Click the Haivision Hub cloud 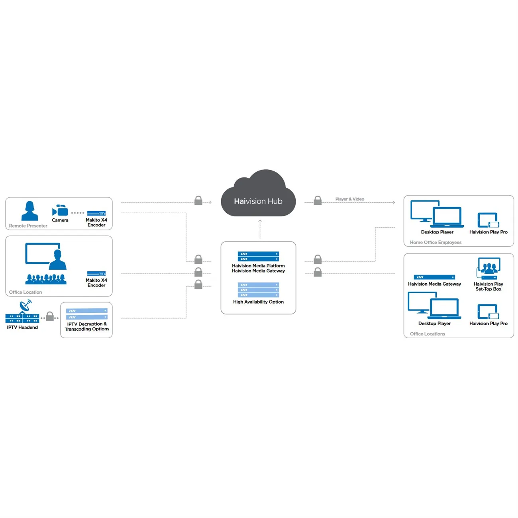pos(258,195)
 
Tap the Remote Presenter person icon pos(29,211)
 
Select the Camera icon pos(60,210)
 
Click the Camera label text pos(60,220)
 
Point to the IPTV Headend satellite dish pos(26,306)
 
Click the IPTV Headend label pos(22,328)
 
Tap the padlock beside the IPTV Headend pos(50,316)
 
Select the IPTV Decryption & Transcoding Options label pos(87,327)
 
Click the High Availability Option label pos(258,302)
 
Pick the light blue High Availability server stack pos(258,290)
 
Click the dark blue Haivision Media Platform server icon pos(258,256)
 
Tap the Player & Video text pos(349,199)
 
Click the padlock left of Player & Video pos(318,200)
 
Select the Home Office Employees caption pos(436,242)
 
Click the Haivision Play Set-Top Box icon pos(488,269)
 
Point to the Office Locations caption pos(427,334)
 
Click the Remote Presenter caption pos(28,226)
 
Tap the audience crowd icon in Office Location pos(46,279)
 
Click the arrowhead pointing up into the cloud pos(260,221)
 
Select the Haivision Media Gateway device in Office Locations pos(434,277)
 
